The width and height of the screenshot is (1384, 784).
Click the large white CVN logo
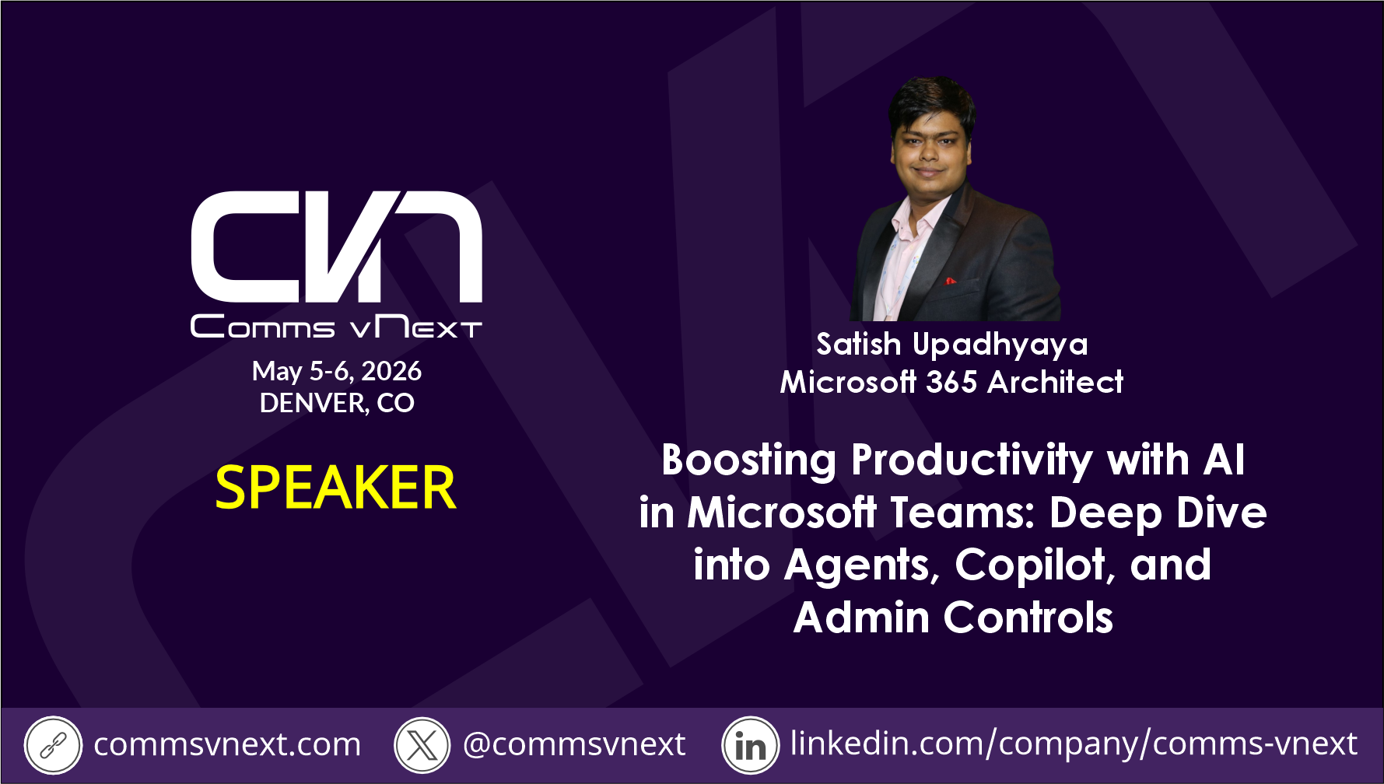click(x=337, y=247)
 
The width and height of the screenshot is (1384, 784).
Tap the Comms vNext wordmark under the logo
click(x=336, y=327)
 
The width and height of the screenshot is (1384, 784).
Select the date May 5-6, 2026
click(x=337, y=371)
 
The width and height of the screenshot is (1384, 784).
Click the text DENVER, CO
click(x=337, y=403)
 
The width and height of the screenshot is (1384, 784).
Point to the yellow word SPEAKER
click(x=335, y=488)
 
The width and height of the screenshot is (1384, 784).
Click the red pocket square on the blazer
click(x=951, y=281)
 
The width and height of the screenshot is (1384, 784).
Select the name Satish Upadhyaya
click(x=951, y=345)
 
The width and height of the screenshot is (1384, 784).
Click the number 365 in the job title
click(x=951, y=382)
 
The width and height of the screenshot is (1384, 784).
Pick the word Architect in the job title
click(x=1056, y=382)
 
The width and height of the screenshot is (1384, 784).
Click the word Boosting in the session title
click(x=749, y=460)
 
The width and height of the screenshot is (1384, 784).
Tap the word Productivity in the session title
click(x=972, y=460)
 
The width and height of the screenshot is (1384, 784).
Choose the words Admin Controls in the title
click(x=953, y=618)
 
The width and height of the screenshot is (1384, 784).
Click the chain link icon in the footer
click(x=53, y=745)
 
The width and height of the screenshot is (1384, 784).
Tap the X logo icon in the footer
click(x=422, y=745)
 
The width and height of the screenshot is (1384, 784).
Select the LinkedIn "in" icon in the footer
click(x=751, y=745)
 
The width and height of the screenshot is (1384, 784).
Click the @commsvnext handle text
click(x=574, y=745)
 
